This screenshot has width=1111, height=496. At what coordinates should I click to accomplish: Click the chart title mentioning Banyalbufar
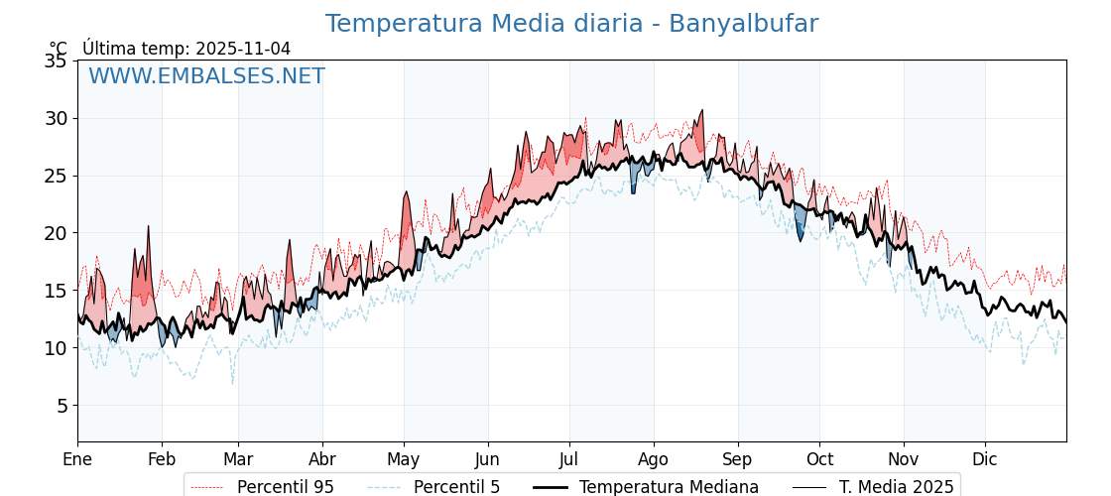[571, 24]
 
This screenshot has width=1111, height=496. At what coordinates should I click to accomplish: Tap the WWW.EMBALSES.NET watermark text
[206, 76]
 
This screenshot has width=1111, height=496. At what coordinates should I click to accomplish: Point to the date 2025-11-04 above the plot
[243, 49]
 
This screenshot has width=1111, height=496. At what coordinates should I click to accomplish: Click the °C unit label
[59, 49]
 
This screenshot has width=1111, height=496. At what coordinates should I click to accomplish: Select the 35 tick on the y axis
[56, 61]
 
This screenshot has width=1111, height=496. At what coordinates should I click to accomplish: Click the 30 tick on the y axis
[56, 118]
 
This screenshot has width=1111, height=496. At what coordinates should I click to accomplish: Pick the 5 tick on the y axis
[62, 406]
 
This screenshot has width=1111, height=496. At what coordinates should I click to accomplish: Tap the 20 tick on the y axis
[56, 233]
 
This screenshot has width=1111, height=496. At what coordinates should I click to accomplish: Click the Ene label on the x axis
[77, 459]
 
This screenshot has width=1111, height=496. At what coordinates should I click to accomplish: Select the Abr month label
[322, 459]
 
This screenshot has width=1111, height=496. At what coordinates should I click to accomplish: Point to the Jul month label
[569, 459]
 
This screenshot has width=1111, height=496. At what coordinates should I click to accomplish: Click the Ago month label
[654, 459]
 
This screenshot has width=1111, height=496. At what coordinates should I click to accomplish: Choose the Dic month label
[985, 459]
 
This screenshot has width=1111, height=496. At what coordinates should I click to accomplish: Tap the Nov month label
[904, 459]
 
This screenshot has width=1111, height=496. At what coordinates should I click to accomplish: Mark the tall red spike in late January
[148, 230]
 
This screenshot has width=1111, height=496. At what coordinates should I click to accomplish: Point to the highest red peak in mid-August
[701, 112]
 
